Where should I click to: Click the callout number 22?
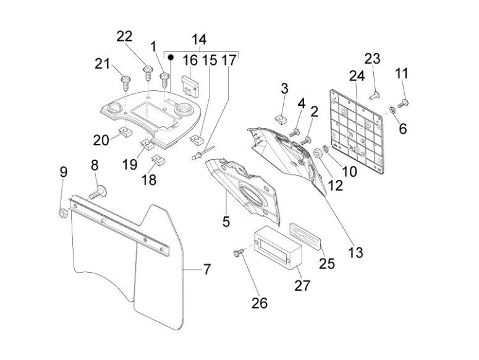(x=124, y=36)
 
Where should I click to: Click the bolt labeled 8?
(x=98, y=191)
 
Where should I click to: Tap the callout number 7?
(x=206, y=270)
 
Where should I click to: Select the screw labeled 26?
(x=237, y=253)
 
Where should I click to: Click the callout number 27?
(x=302, y=285)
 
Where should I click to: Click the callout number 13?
(x=355, y=252)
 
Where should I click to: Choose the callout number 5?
(x=226, y=220)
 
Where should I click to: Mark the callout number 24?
(x=355, y=76)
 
